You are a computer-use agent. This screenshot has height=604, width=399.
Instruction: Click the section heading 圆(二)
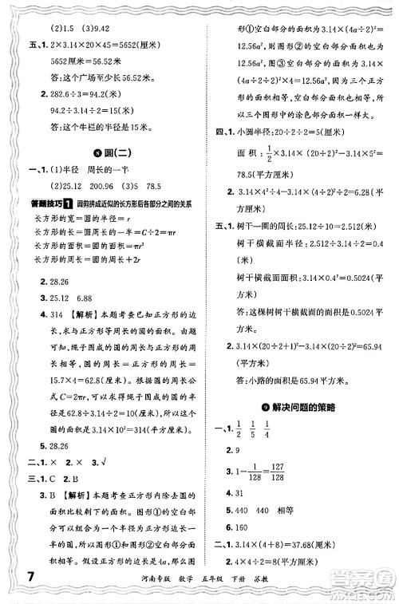tap(105, 153)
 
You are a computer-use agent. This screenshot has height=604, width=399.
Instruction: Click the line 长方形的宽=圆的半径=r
tap(76, 218)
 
